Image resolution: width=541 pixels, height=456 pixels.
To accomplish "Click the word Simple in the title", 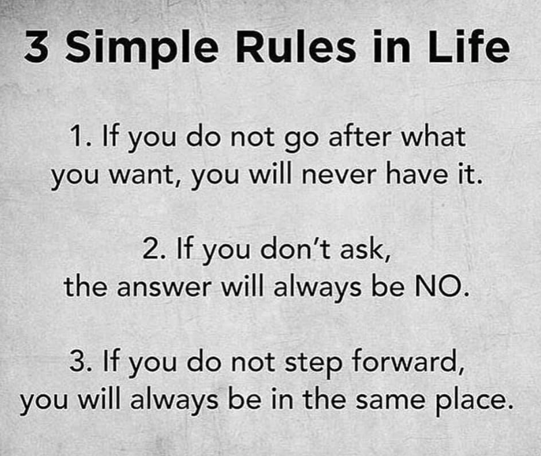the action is click(x=141, y=49).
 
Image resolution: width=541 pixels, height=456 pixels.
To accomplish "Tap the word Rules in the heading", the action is click(x=296, y=46).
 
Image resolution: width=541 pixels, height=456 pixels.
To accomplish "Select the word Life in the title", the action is click(x=469, y=46).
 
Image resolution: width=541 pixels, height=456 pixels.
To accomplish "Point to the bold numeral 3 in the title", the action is click(x=36, y=47).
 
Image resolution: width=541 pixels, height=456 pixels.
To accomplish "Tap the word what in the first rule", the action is click(x=433, y=136).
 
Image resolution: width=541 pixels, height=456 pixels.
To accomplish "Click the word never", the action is click(x=339, y=174).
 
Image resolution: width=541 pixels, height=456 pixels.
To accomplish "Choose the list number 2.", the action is click(x=154, y=249).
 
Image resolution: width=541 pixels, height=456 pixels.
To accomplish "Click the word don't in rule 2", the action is click(x=295, y=248).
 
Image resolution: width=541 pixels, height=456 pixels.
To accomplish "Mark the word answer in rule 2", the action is click(x=164, y=287).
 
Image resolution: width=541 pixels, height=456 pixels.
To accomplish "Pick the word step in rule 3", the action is click(x=313, y=363).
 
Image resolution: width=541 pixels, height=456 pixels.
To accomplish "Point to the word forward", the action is click(x=407, y=360).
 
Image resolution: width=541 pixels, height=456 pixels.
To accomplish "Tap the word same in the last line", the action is click(x=390, y=400).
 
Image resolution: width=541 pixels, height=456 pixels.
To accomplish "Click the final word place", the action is click(x=473, y=401).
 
